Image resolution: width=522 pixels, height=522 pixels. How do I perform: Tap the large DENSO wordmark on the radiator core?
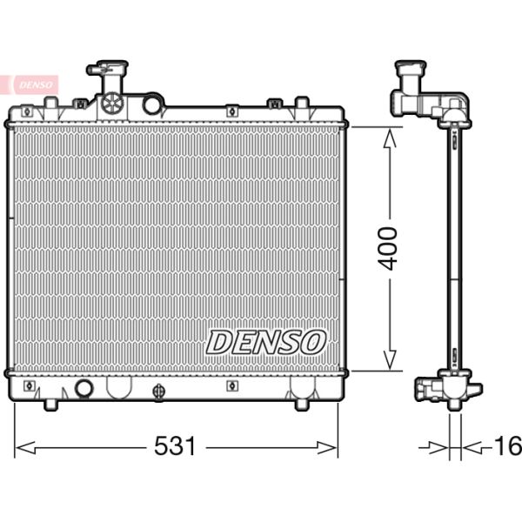click(265, 342)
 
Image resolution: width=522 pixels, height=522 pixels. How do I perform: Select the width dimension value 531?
click(175, 447)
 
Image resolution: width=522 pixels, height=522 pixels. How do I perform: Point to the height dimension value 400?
click(389, 248)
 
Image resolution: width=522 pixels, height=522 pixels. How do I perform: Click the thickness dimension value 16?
click(507, 447)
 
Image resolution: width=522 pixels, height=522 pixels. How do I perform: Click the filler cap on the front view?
click(107, 68)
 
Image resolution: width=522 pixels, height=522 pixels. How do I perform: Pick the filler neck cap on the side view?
click(410, 68)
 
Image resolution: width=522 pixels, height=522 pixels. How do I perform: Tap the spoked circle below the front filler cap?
click(112, 104)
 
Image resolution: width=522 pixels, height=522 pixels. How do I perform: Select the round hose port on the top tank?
click(152, 105)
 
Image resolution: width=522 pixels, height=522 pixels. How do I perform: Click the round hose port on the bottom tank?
click(84, 388)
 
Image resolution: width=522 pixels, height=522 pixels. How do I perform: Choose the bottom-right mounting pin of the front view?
click(302, 404)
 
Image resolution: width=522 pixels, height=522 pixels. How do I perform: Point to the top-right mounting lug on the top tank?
click(302, 107)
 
